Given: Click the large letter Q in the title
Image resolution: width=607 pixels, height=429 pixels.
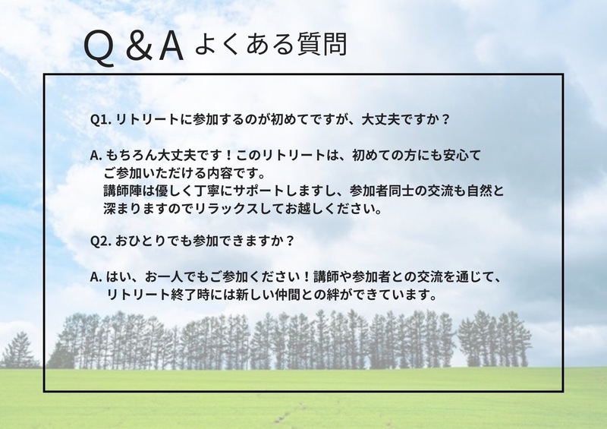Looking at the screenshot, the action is pos(99,48).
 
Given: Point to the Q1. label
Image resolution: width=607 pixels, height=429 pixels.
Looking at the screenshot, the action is pos(101,119).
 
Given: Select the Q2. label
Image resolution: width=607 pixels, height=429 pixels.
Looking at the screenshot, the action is pos(101,241).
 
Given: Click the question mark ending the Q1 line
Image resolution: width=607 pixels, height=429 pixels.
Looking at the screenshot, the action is pos(445,119).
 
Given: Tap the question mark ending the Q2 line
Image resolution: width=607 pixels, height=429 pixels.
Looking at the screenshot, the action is pos(291,240).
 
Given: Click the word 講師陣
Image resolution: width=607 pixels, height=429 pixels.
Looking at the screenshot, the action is pos(122,191).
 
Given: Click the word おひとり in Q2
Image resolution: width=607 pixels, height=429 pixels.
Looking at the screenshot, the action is pos(140,241).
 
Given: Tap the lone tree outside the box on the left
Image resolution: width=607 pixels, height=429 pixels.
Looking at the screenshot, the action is pos(18,351).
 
